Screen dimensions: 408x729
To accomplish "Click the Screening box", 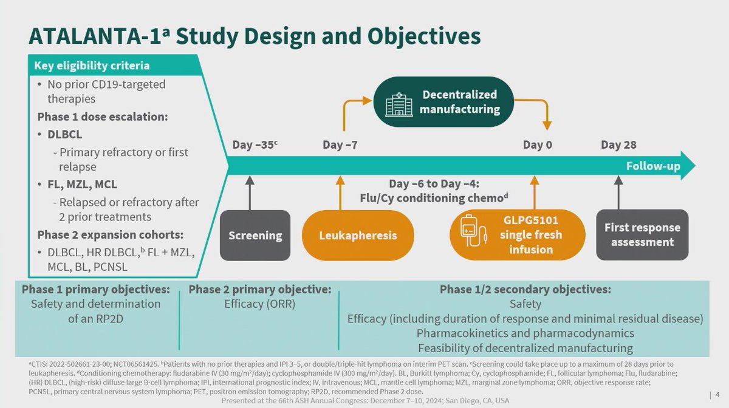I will tap(255, 236).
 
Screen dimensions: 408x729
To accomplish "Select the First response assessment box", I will tap(642, 235).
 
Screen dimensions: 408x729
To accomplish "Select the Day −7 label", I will tap(340, 145).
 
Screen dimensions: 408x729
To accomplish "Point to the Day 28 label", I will tap(618, 145).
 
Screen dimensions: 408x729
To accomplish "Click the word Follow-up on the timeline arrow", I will tap(652, 166).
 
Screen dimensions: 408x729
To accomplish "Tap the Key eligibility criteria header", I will tap(91, 66).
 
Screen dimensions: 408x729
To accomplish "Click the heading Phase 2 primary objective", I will tap(259, 290).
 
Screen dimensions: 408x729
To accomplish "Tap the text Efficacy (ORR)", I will tap(259, 304).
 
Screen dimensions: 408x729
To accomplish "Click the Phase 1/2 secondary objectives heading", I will tap(525, 290).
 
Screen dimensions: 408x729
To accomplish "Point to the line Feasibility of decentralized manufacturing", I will tap(525, 348).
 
